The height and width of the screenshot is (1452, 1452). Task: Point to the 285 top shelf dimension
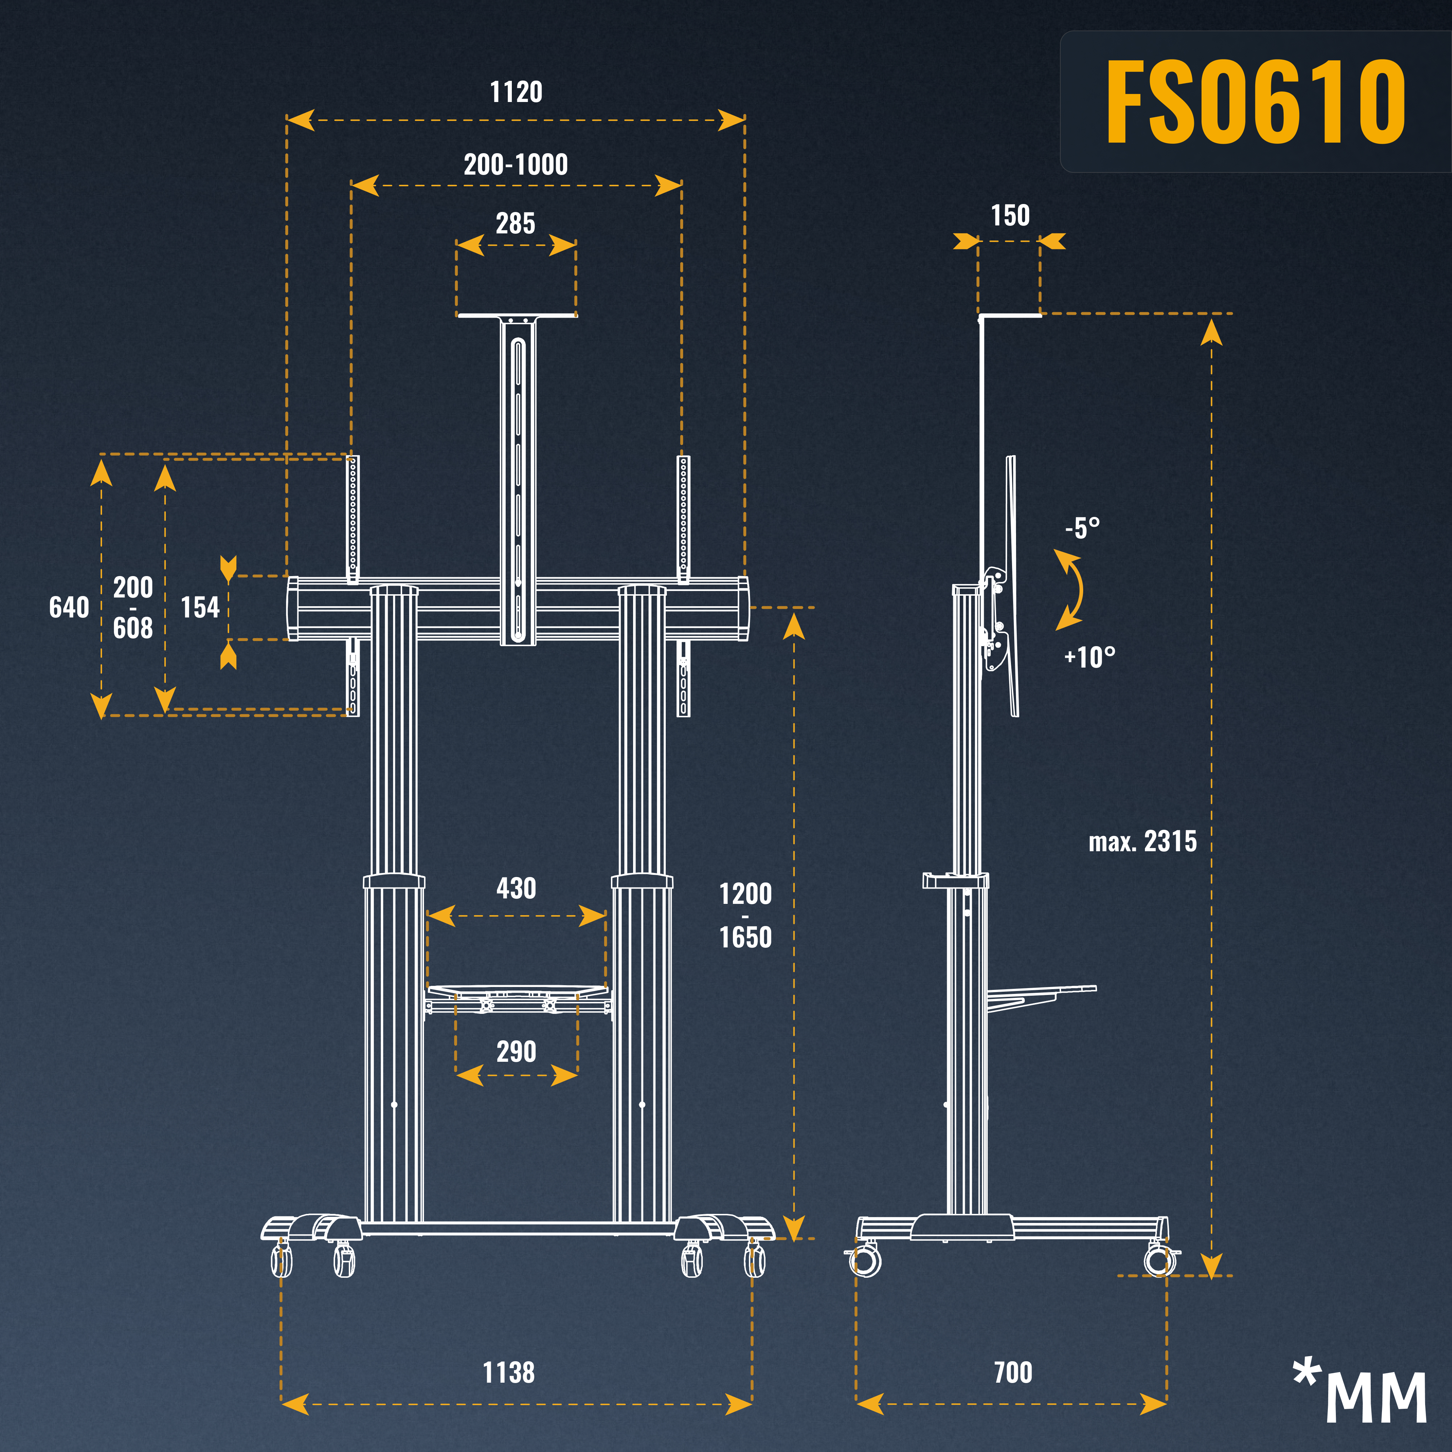tap(515, 223)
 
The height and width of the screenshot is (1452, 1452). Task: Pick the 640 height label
tap(69, 607)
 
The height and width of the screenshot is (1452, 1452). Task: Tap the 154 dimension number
tap(200, 607)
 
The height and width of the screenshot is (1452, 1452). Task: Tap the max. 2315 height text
tap(1142, 842)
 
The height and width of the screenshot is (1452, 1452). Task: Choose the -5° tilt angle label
tap(1082, 528)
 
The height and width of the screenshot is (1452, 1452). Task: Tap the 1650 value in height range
tap(746, 937)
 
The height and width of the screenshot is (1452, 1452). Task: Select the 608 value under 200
tap(133, 628)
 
